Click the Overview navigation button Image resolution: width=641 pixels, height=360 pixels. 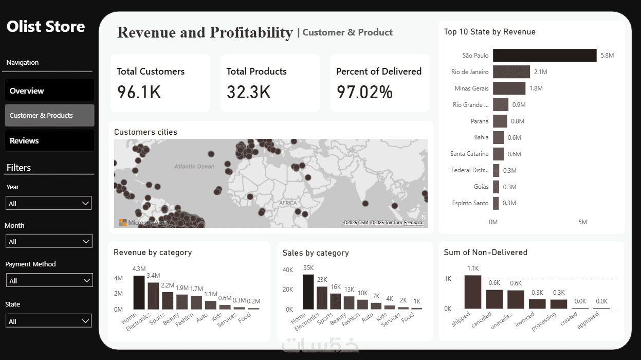(49, 91)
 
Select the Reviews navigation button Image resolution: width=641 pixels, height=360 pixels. (49, 140)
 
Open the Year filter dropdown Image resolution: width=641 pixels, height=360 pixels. (49, 203)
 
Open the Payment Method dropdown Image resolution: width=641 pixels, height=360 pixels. (49, 280)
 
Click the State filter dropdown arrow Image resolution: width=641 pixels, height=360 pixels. (86, 321)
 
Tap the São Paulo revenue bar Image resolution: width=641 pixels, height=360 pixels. (544, 56)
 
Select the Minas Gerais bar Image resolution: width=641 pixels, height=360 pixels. (509, 88)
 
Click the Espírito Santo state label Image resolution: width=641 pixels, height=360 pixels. (470, 203)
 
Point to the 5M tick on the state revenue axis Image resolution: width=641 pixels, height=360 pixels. (582, 222)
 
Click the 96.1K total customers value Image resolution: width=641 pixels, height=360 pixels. (139, 92)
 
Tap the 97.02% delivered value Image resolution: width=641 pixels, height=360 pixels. (364, 92)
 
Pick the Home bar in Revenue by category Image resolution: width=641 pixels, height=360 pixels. (139, 292)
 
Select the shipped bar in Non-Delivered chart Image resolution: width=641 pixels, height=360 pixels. (472, 292)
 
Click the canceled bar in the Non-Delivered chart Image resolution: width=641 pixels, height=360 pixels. (494, 299)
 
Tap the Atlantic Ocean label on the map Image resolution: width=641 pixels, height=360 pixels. (194, 167)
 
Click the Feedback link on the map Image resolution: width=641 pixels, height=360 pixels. (413, 223)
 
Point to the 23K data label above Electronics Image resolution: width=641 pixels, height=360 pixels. (322, 280)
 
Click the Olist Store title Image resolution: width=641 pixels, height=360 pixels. (46, 27)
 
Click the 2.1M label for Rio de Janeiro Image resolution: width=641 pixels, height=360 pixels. (540, 72)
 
